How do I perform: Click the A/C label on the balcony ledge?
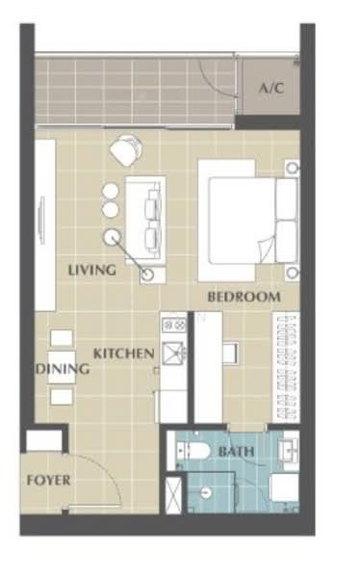(271, 88)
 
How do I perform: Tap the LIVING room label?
(92, 270)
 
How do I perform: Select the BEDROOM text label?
(244, 297)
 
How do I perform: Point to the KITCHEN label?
(124, 354)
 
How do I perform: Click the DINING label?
(63, 369)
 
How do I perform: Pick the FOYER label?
(49, 481)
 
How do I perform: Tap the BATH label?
(236, 452)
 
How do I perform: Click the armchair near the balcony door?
(126, 150)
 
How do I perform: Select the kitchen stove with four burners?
(174, 325)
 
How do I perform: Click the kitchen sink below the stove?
(173, 353)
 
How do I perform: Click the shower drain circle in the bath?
(207, 492)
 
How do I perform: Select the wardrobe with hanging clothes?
(286, 368)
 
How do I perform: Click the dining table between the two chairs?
(62, 368)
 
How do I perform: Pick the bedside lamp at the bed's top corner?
(293, 168)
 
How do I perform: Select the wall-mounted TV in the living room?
(41, 221)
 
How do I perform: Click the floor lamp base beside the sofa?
(148, 275)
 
